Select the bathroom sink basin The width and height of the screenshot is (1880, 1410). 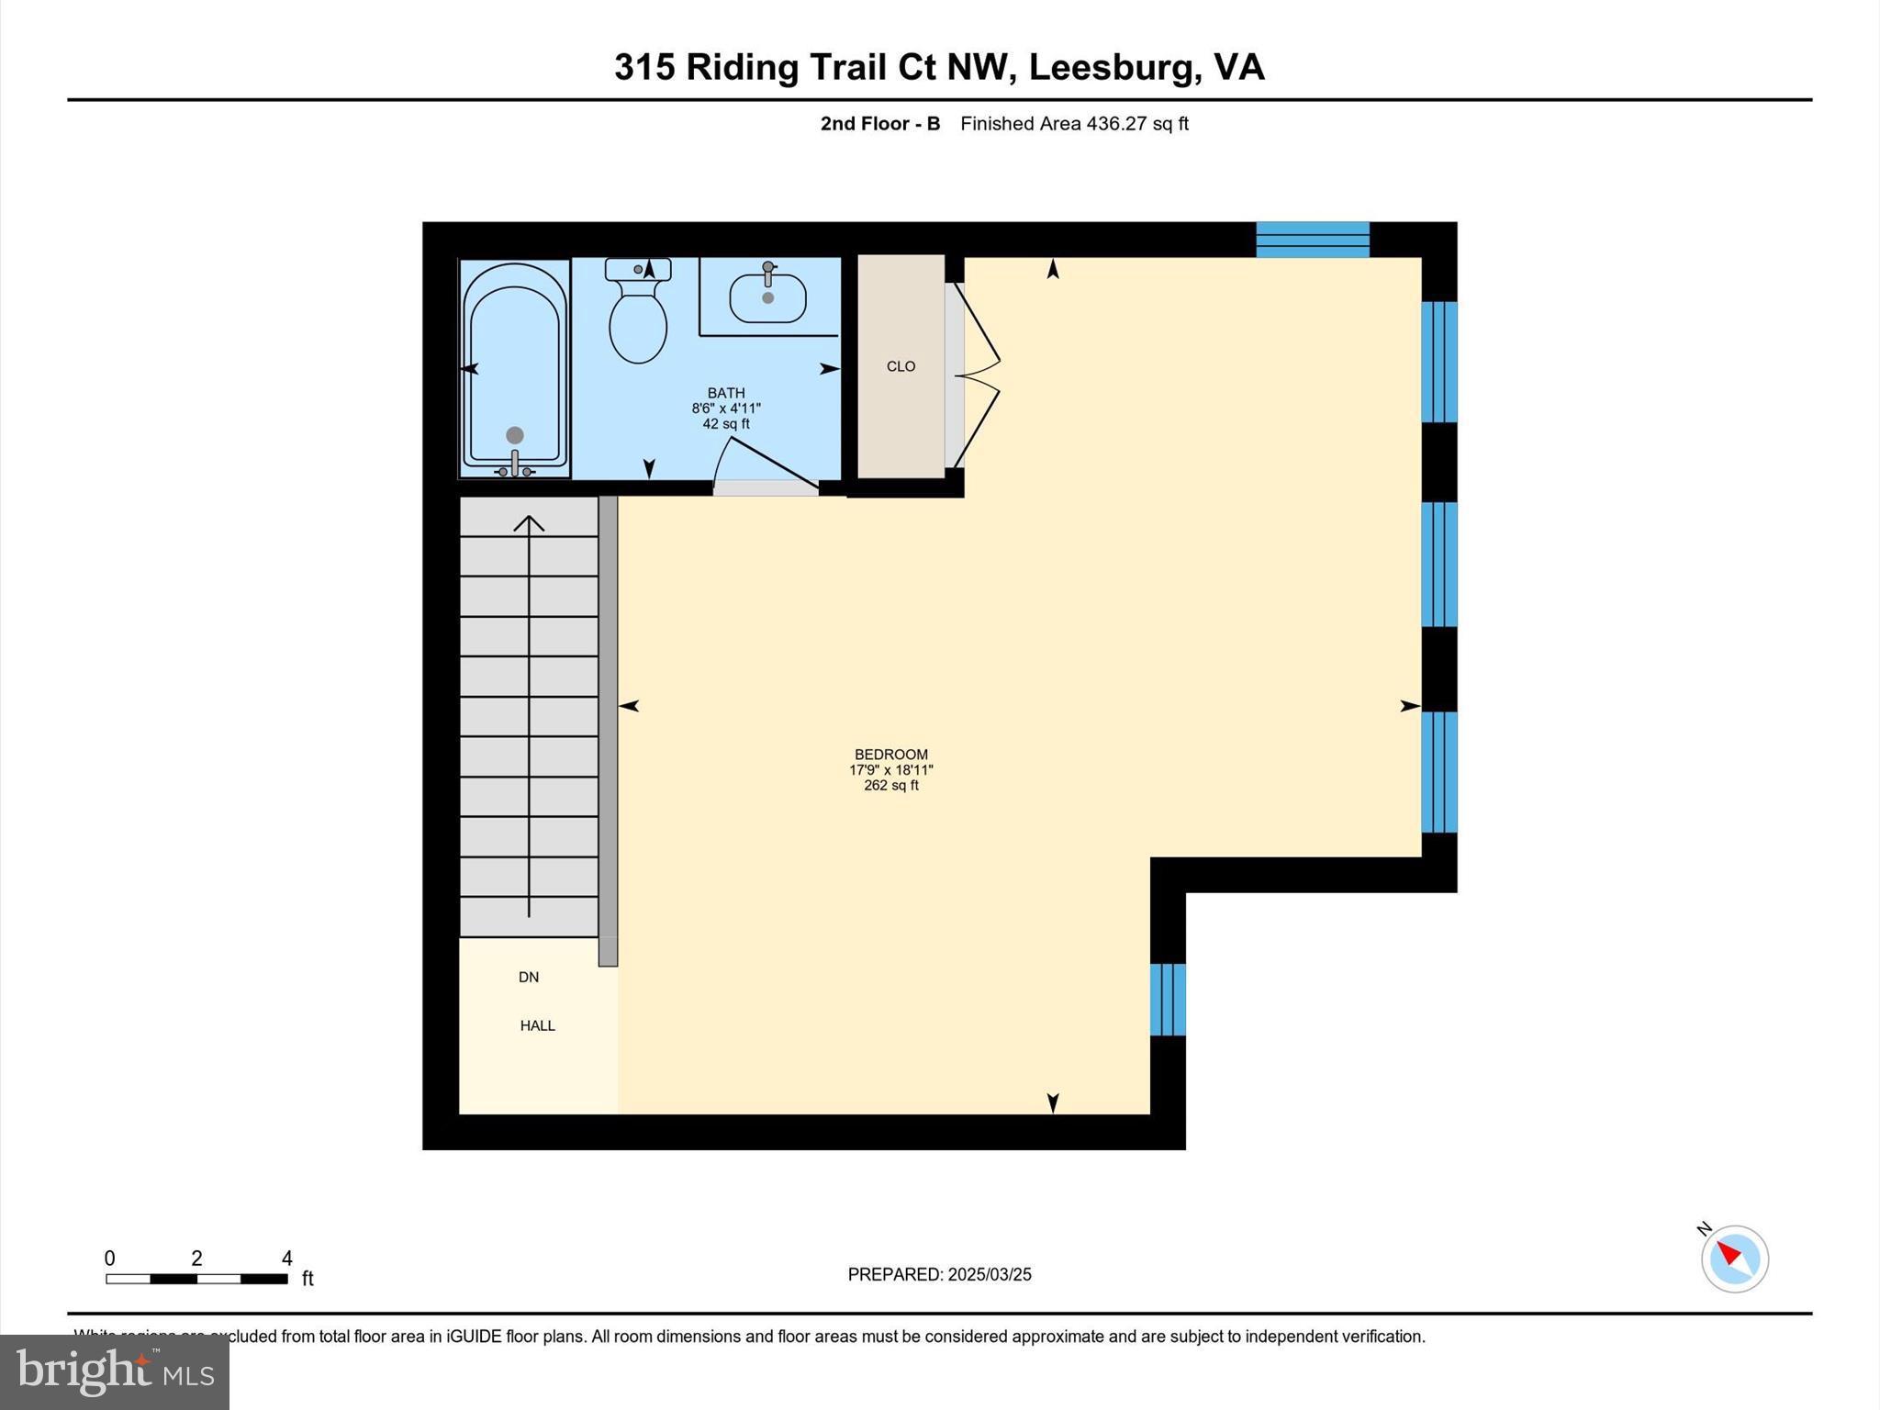(x=767, y=298)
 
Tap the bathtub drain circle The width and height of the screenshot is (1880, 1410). (x=515, y=435)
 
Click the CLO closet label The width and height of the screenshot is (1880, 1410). (x=901, y=366)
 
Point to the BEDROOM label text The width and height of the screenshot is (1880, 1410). (x=890, y=755)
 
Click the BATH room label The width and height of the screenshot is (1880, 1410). (x=725, y=393)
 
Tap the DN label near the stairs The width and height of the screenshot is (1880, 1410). (x=529, y=977)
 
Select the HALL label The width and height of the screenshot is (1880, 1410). (x=537, y=1025)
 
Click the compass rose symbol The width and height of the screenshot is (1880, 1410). (x=1734, y=1259)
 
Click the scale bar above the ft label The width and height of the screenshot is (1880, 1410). (x=196, y=1279)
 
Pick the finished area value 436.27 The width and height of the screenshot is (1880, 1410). (x=1116, y=124)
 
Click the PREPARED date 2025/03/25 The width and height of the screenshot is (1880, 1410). (x=990, y=1274)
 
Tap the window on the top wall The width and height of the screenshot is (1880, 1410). (x=1313, y=240)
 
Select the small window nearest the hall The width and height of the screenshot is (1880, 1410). (x=1168, y=1000)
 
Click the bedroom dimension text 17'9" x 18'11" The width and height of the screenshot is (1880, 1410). (x=890, y=770)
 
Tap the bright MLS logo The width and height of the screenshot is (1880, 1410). (x=115, y=1371)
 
